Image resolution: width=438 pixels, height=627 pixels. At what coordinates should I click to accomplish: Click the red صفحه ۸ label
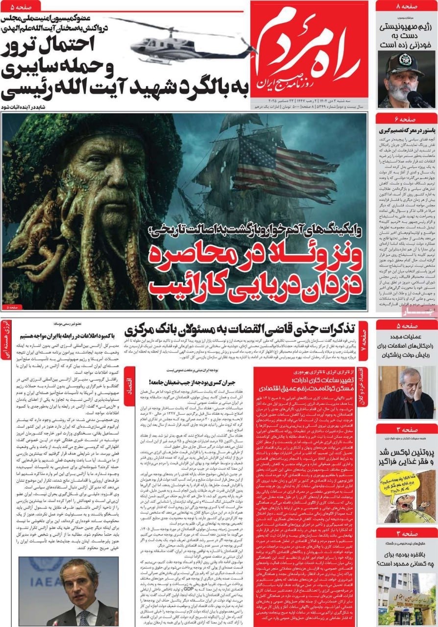point(406,6)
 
